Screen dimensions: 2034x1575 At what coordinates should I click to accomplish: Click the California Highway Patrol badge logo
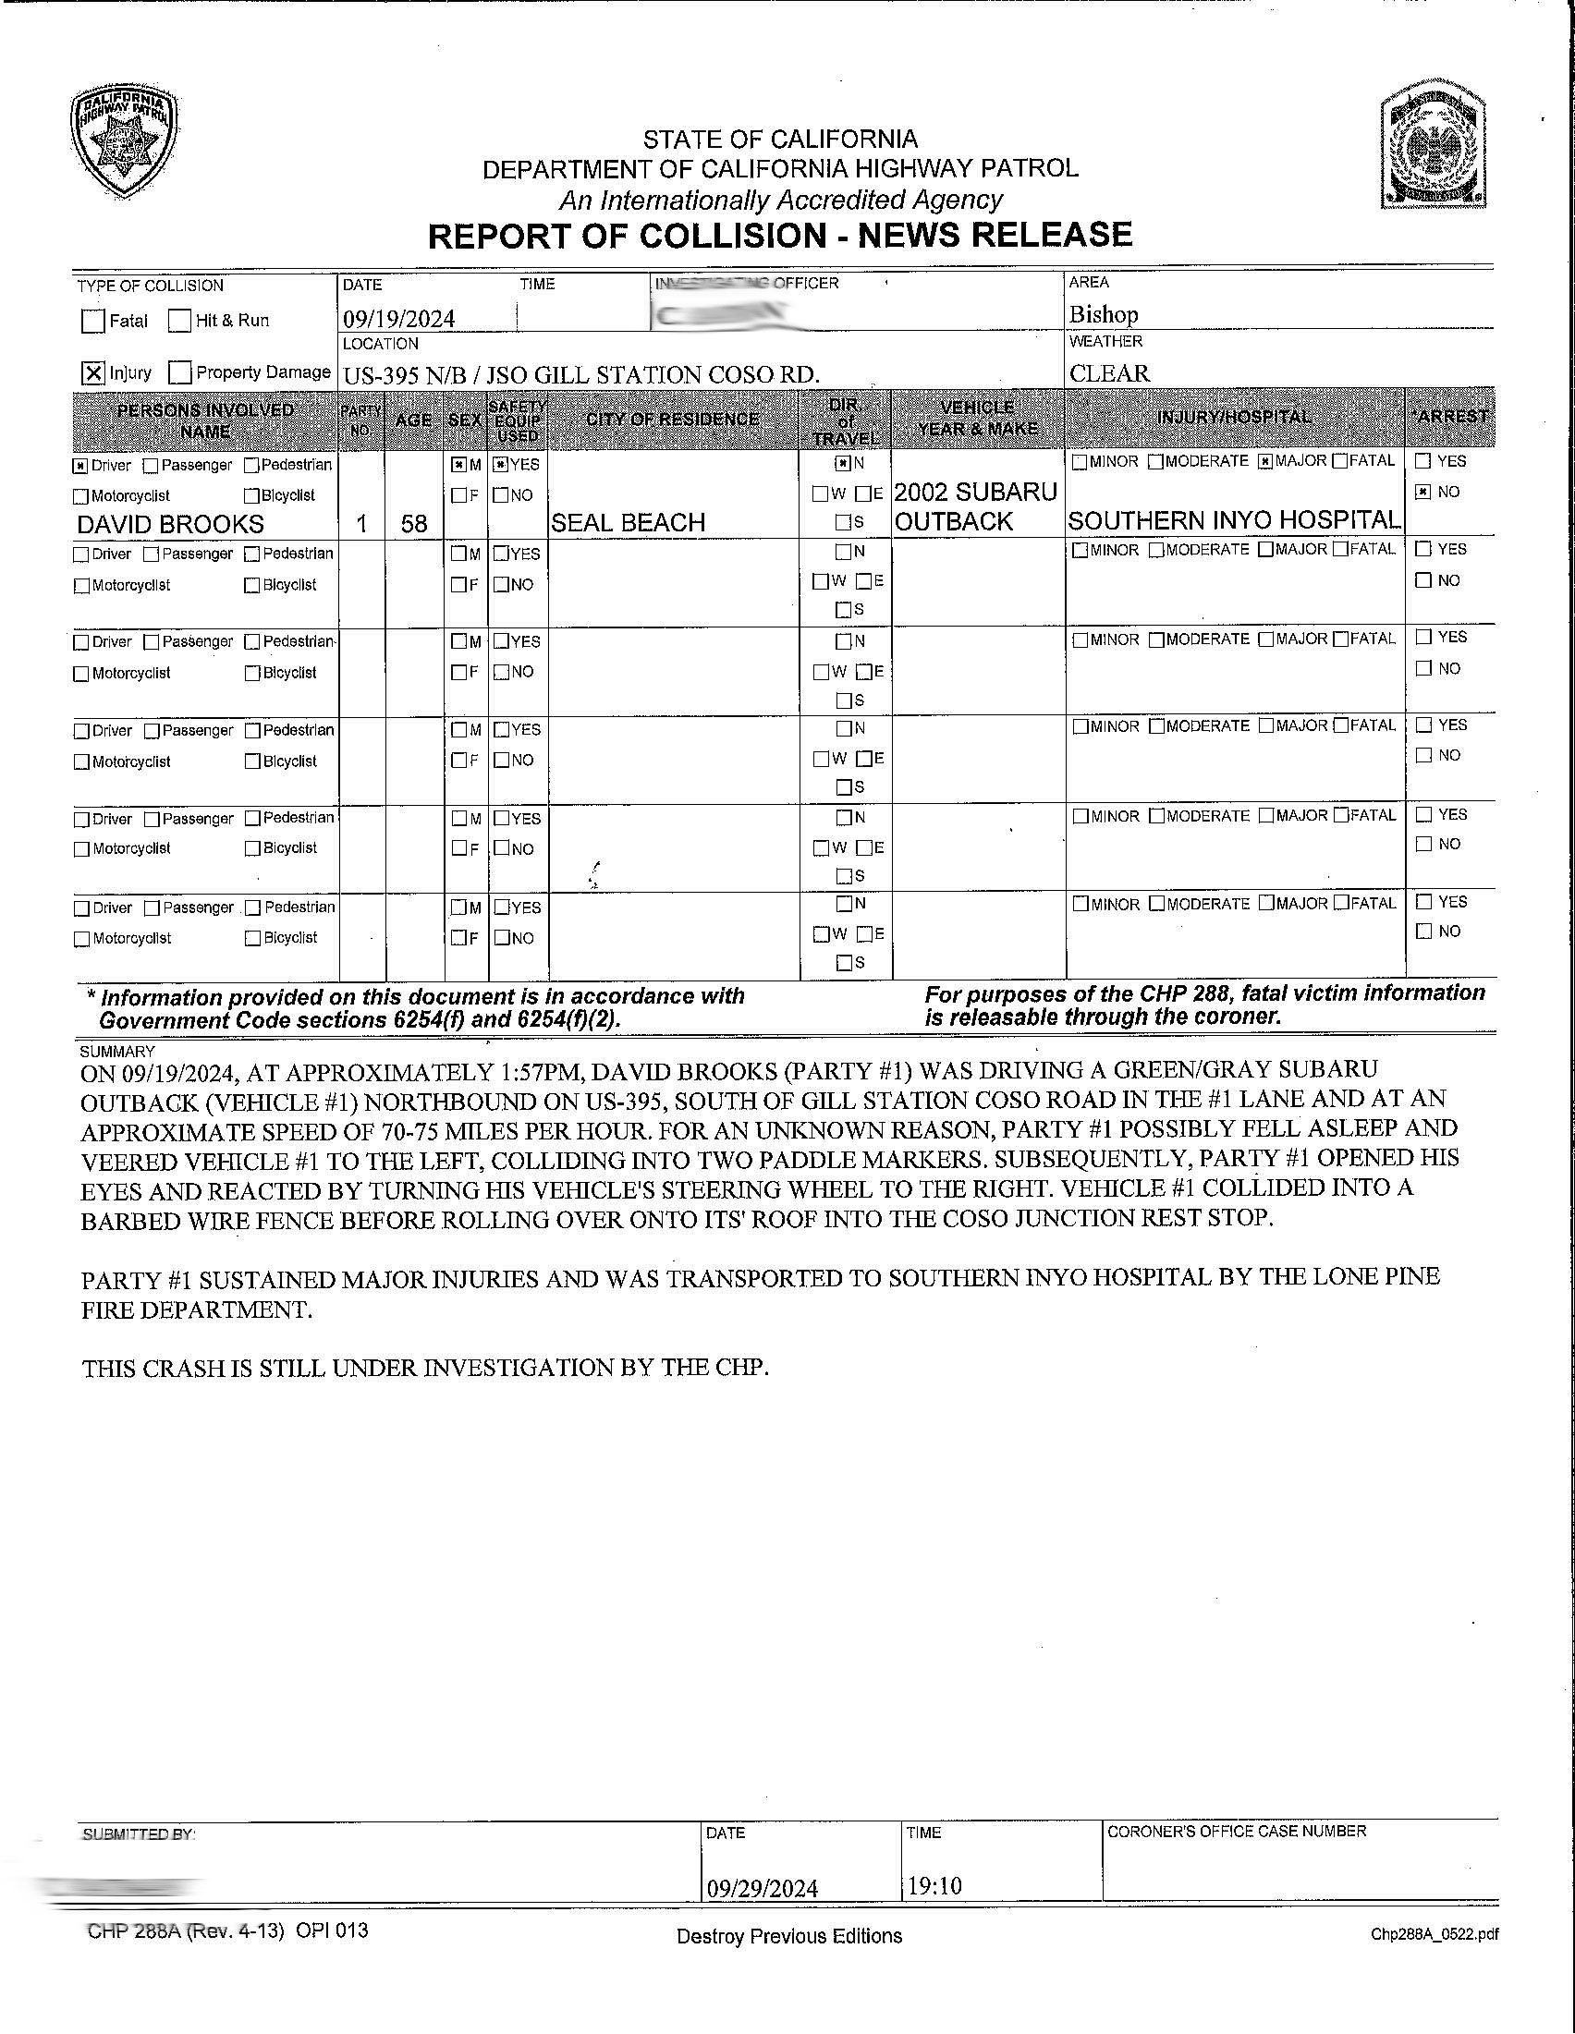click(x=124, y=142)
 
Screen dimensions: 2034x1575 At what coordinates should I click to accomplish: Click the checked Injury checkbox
click(x=93, y=373)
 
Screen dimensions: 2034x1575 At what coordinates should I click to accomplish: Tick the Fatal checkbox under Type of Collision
click(x=93, y=322)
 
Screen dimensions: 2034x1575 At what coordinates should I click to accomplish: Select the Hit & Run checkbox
click(x=179, y=322)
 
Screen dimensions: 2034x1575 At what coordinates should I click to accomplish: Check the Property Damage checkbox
click(x=180, y=373)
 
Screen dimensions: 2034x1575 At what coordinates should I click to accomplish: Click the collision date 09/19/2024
click(x=398, y=319)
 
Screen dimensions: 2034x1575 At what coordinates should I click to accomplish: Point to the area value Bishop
click(x=1103, y=314)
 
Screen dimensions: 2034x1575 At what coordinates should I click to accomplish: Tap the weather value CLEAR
click(x=1108, y=373)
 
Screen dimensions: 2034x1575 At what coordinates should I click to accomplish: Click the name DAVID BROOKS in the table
click(x=170, y=523)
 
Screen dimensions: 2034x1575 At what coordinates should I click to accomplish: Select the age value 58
click(x=413, y=523)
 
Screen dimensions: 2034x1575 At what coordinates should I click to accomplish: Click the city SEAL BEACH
click(x=628, y=522)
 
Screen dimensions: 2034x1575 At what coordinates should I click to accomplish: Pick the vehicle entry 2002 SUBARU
click(x=975, y=491)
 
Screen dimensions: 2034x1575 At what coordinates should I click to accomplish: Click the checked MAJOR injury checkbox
click(x=1264, y=461)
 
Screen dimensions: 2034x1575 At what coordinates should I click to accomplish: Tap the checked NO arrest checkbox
click(x=1422, y=492)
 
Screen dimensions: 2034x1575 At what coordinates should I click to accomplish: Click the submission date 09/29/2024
click(x=762, y=1888)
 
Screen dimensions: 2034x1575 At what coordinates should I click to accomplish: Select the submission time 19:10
click(x=934, y=1886)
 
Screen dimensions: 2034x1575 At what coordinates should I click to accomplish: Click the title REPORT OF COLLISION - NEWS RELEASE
click(x=779, y=235)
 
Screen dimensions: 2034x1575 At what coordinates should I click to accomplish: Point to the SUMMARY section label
click(x=117, y=1052)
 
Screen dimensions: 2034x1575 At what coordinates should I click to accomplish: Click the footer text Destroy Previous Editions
click(x=789, y=1936)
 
